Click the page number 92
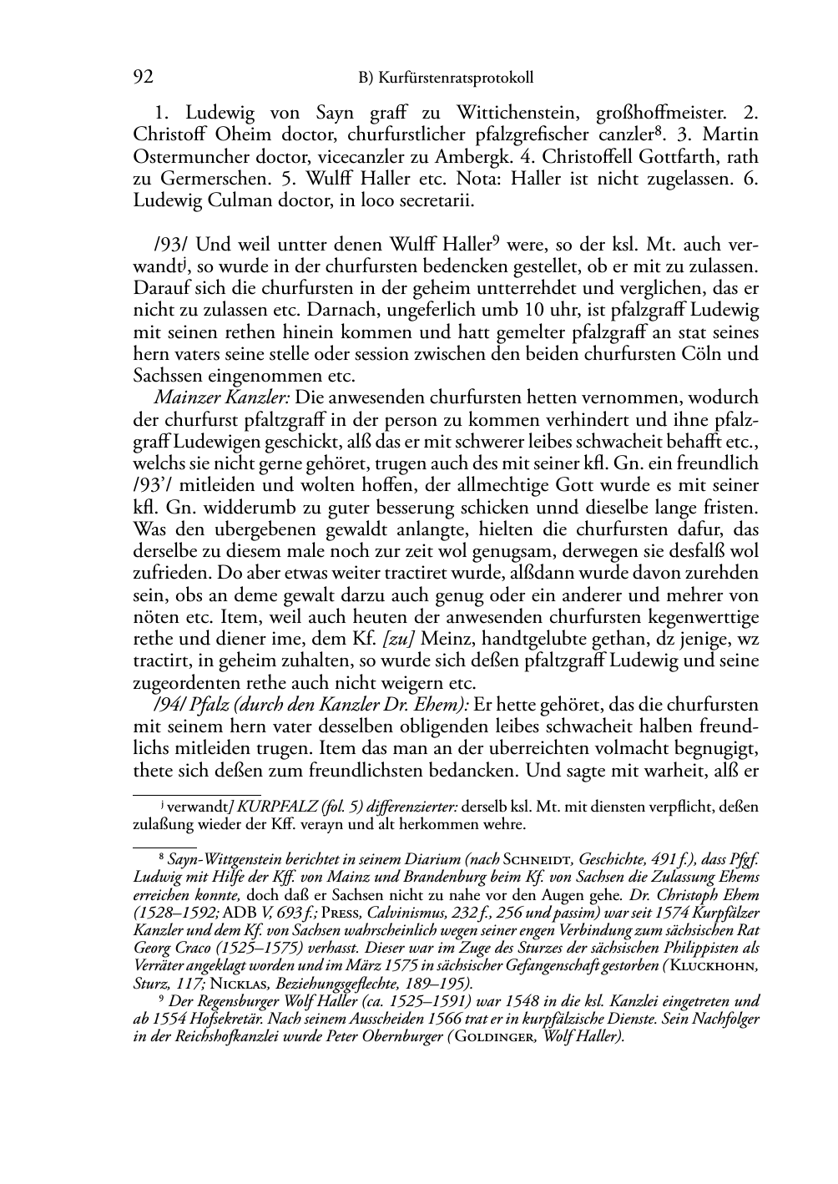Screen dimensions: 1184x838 pos(143,78)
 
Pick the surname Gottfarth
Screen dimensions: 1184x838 pos(648,156)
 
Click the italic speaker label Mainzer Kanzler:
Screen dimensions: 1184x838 pos(222,397)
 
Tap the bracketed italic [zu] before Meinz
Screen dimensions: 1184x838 pos(399,639)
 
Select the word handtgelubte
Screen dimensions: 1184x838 pos(503,639)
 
